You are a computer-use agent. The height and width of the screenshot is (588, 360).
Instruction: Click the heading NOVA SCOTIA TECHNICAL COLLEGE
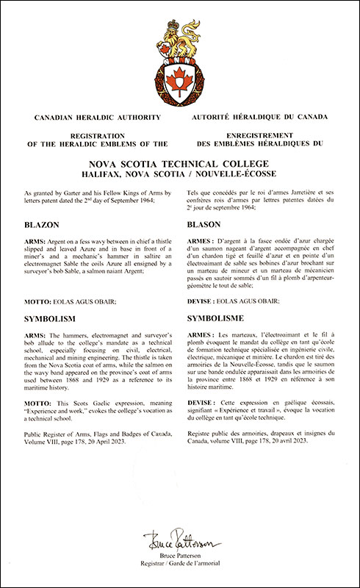[x=180, y=162]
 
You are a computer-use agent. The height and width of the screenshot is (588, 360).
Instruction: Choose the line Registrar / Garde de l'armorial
[x=180, y=568]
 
